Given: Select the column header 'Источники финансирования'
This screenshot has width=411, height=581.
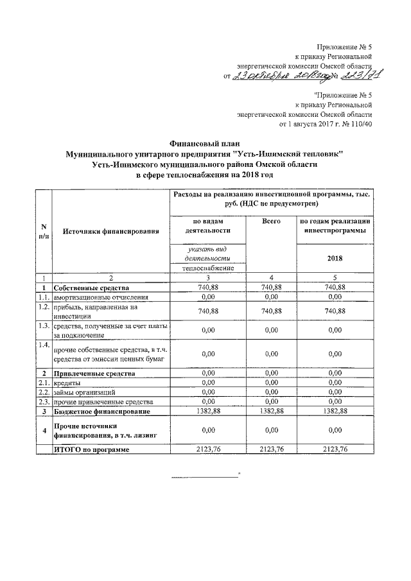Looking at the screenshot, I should click(x=110, y=230).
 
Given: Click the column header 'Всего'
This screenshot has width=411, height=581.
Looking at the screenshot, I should click(x=272, y=221).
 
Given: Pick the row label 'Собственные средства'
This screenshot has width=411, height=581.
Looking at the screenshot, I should click(x=91, y=288).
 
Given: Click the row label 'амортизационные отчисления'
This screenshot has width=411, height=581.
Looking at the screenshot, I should click(x=101, y=298).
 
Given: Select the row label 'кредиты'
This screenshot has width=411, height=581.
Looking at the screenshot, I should click(x=67, y=382).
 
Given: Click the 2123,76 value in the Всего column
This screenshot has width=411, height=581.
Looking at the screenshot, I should click(x=272, y=450).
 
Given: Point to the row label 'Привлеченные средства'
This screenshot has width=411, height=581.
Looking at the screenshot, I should click(x=94, y=372).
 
